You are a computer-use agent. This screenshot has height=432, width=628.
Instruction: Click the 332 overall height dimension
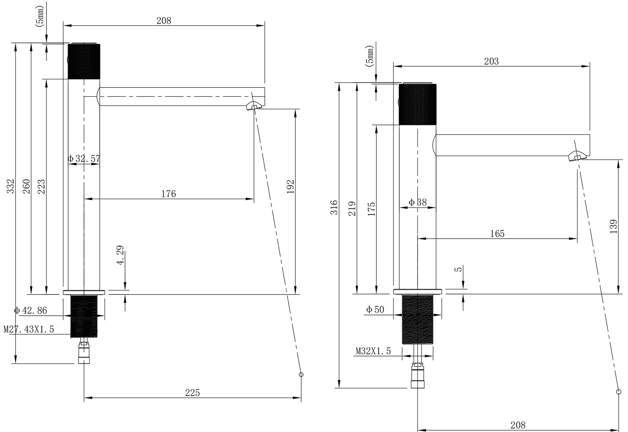tap(11, 186)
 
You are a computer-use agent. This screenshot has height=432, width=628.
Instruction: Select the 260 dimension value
tap(27, 186)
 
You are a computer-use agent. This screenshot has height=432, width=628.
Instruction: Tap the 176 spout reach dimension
tap(169, 194)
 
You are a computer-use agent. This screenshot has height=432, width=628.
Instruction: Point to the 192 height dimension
tap(290, 187)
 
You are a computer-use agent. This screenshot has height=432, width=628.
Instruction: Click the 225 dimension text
tap(192, 393)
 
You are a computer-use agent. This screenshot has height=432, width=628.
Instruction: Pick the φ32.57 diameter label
tap(84, 158)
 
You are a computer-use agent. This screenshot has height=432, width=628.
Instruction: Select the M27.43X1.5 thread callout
tap(29, 329)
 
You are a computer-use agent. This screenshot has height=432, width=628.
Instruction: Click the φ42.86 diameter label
tap(31, 310)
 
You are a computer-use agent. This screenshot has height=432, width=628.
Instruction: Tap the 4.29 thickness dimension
tap(120, 255)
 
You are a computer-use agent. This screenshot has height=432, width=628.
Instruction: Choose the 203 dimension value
tap(491, 62)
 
